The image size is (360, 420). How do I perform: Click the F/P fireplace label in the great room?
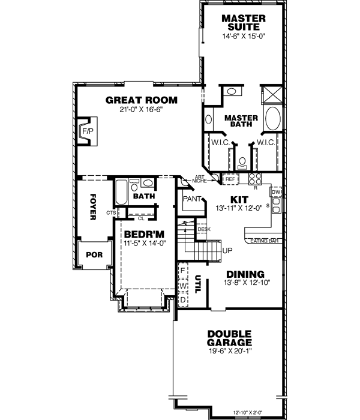(88, 131)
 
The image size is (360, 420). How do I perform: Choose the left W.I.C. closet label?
(217, 142)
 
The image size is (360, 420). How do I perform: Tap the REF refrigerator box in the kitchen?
(230, 179)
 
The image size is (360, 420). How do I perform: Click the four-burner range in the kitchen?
(254, 179)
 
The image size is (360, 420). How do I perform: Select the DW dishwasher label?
(276, 192)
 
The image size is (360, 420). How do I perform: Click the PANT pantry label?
(191, 198)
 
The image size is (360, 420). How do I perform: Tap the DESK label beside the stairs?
(204, 229)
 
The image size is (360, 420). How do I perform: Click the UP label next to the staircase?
(227, 250)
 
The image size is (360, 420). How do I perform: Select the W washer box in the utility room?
(183, 286)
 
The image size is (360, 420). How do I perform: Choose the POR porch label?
(94, 254)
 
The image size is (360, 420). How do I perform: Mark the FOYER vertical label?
(93, 207)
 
